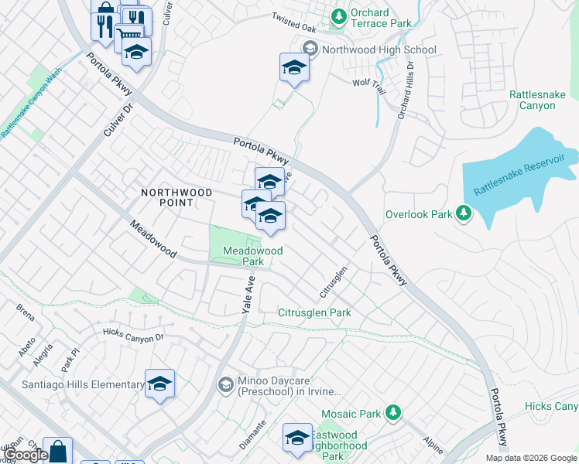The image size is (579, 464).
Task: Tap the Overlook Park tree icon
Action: click(463, 212)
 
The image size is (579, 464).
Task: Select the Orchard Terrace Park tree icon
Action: click(338, 15)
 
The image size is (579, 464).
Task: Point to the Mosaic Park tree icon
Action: click(393, 413)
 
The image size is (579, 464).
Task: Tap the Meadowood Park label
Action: click(252, 256)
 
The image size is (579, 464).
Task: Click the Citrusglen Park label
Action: click(314, 313)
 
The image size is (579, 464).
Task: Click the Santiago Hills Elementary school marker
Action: click(159, 384)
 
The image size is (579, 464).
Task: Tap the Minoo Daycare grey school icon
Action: click(225, 384)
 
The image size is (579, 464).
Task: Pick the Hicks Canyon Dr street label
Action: click(133, 336)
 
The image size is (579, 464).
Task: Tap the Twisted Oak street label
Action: click(294, 22)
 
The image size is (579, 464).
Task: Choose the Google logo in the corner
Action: click(26, 455)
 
